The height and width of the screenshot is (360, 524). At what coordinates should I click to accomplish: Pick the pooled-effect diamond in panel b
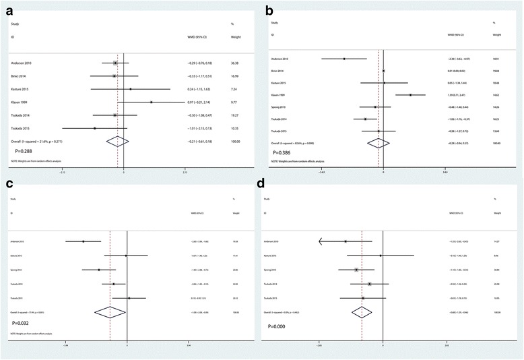[379, 143]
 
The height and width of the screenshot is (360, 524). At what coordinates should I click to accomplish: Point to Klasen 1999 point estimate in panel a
[152, 102]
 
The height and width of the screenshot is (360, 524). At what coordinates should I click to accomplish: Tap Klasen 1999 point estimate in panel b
[410, 95]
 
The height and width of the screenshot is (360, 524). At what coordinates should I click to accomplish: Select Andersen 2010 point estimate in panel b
[344, 59]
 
